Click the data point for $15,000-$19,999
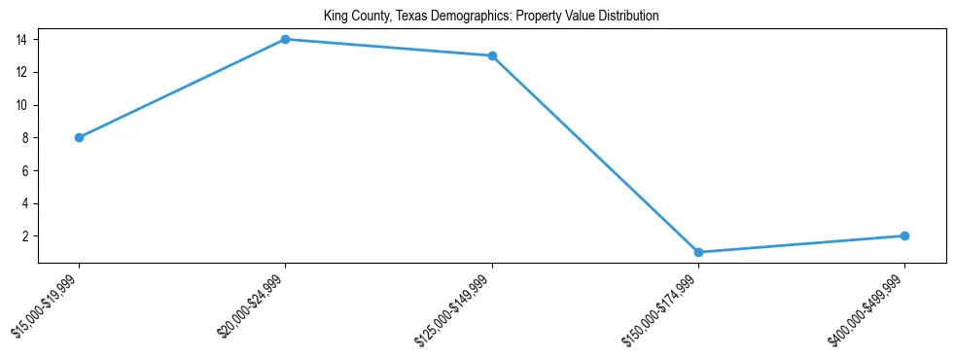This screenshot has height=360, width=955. (x=79, y=137)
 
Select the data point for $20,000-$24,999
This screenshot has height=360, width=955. (x=285, y=39)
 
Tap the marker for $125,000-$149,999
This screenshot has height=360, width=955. (x=492, y=55)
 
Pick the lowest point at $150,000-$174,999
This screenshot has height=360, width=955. (x=698, y=252)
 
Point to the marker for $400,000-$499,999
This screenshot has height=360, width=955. (x=904, y=235)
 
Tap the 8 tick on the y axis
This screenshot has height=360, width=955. (x=29, y=138)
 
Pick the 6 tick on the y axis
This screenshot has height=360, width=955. (x=29, y=170)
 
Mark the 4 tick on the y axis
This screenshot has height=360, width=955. (x=29, y=203)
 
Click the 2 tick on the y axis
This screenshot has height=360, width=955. (x=29, y=236)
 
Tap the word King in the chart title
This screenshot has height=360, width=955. (x=336, y=16)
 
